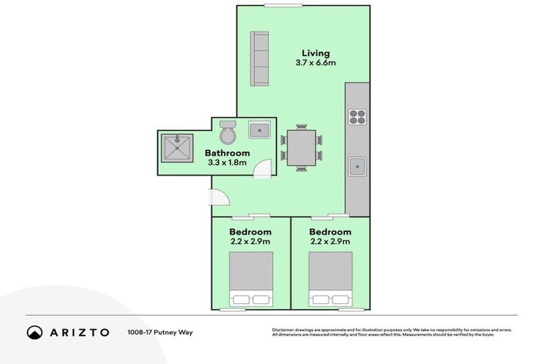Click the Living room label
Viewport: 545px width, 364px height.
316,53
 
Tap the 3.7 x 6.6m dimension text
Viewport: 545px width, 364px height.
316,63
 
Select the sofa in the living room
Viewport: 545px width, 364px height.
259,59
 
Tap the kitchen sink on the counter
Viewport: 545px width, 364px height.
357,167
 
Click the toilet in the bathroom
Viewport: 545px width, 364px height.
228,132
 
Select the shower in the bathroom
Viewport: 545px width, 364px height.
174,147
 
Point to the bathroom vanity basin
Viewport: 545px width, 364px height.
258,130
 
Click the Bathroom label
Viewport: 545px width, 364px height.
227,153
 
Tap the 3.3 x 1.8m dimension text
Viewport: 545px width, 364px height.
227,163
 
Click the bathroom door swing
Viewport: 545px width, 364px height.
263,169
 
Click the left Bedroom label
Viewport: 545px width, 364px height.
251,232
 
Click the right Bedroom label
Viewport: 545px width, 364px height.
330,232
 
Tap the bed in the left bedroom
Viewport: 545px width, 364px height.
251,279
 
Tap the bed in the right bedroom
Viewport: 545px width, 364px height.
330,279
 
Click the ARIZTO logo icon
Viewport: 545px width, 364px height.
35,332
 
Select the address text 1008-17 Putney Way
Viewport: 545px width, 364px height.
160,332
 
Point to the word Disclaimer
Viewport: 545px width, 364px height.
283,330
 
